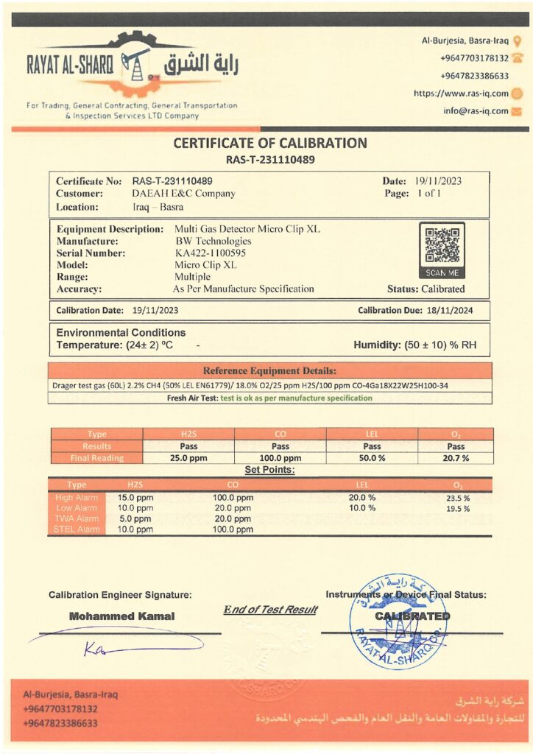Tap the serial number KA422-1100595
coord(210,253)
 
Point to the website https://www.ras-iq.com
coord(461,94)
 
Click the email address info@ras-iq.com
coord(476,111)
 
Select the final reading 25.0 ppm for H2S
coord(188,458)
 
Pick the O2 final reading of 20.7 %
coord(456,458)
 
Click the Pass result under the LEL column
coord(372,446)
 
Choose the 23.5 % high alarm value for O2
coord(456,498)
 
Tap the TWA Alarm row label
coord(77,519)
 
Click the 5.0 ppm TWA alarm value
coord(135,519)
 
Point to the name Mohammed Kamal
coord(121,616)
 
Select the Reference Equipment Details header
coord(269,370)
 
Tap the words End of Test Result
coord(270,610)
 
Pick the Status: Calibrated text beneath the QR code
coord(426,289)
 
